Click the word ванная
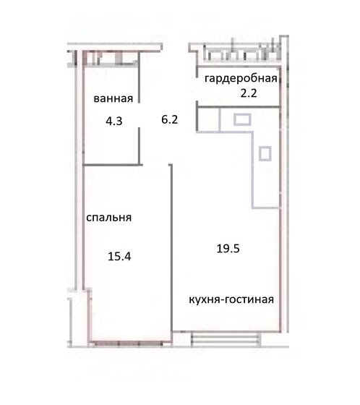113,98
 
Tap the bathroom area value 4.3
114,121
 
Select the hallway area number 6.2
170,119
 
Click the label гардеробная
241,78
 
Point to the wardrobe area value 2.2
249,93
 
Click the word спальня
108,218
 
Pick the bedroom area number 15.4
119,257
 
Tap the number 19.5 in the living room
228,249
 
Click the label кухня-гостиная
231,299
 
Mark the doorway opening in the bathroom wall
139,115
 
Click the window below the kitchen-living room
226,339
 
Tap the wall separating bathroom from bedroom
113,164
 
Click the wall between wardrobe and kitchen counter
239,107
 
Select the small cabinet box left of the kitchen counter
208,120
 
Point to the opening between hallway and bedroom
155,165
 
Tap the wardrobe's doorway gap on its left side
197,90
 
